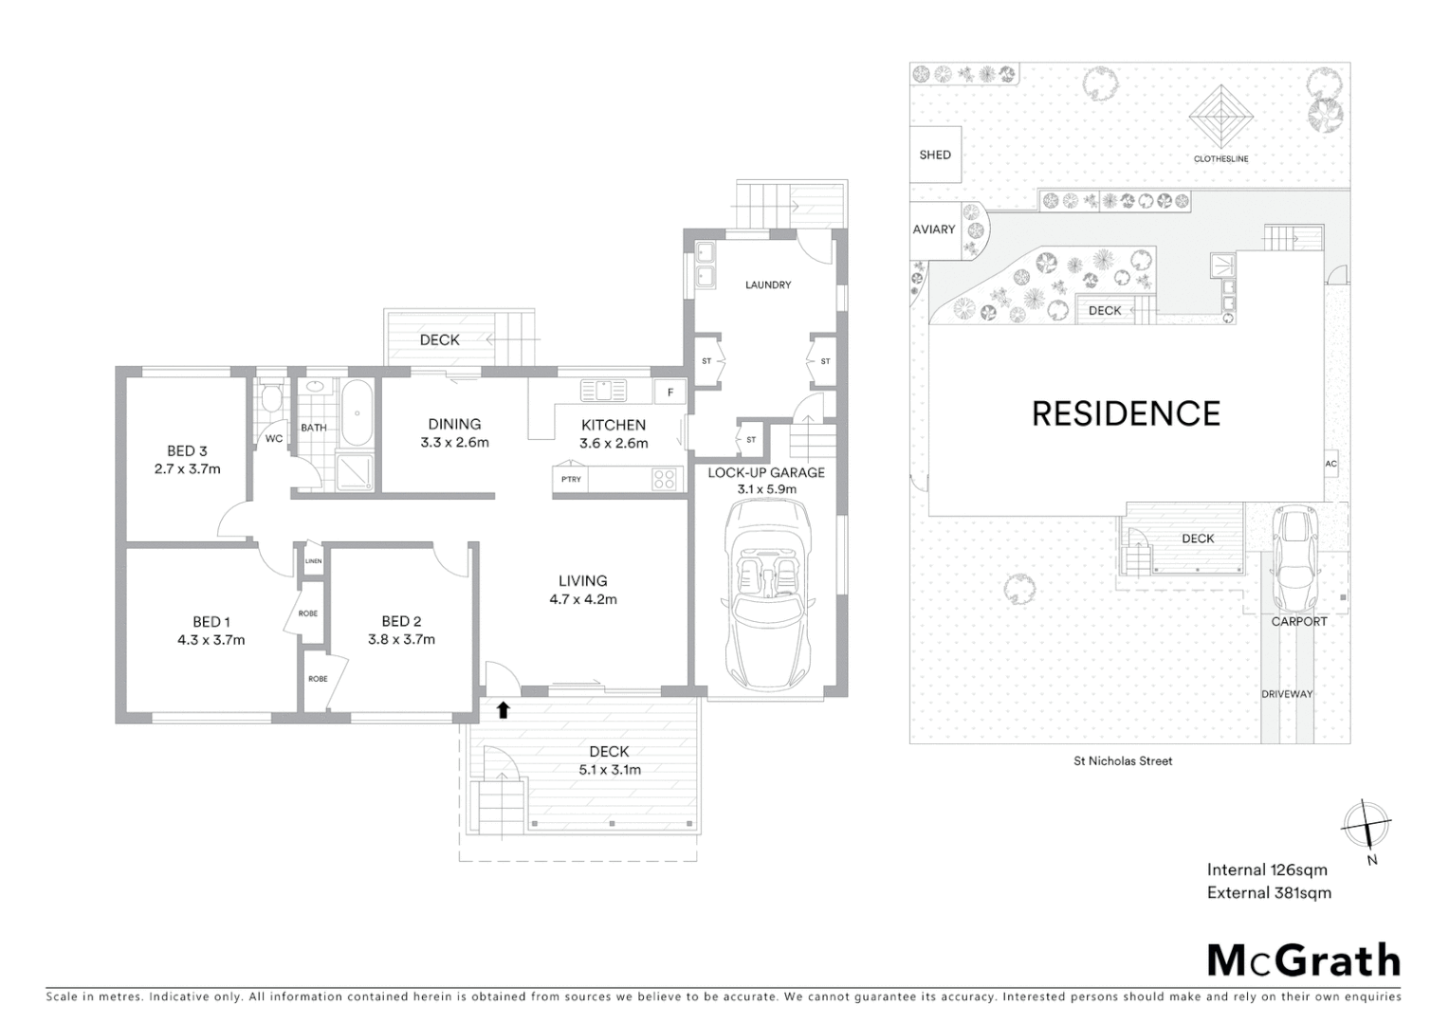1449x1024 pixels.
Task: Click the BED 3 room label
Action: tap(187, 451)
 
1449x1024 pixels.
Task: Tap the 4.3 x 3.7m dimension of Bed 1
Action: tap(211, 640)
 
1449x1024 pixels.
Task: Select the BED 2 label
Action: tap(401, 621)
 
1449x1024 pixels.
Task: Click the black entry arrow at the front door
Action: tap(503, 708)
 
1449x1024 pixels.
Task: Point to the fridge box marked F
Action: tap(669, 392)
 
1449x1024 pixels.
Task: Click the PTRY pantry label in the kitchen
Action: tap(571, 480)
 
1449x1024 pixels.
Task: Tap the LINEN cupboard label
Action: tap(313, 561)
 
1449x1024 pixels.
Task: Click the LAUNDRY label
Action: tap(767, 284)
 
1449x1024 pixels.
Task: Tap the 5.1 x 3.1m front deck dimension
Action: tap(610, 770)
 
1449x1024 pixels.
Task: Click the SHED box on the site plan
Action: tap(935, 155)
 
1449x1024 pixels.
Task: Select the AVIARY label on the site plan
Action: tap(933, 229)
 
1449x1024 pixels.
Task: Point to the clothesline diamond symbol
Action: tap(1221, 117)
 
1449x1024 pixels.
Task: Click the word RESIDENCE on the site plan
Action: tap(1126, 413)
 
